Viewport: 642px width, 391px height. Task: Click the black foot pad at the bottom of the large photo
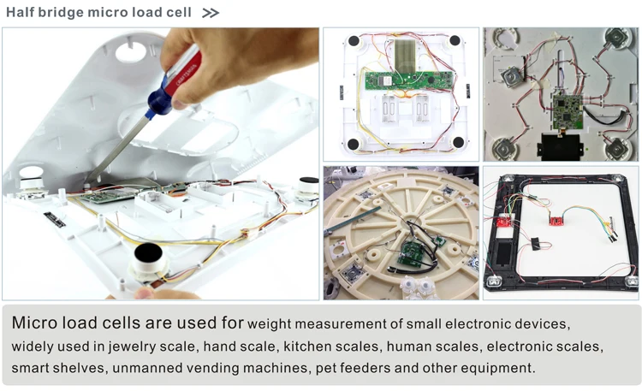[147, 254]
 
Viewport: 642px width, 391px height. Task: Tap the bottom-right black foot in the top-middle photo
[458, 142]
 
